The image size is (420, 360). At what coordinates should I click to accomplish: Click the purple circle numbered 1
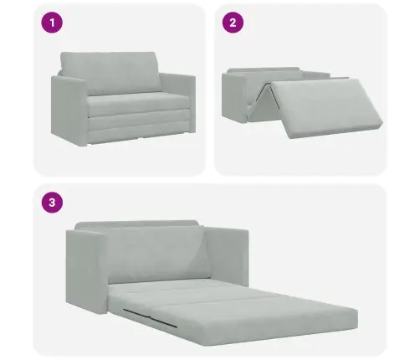[52, 23]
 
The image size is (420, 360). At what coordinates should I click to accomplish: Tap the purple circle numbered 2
[233, 23]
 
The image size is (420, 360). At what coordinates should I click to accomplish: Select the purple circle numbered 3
[52, 202]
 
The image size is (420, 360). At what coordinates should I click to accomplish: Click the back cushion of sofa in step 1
[110, 72]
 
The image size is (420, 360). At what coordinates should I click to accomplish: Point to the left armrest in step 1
[69, 111]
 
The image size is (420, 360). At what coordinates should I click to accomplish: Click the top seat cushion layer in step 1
[138, 103]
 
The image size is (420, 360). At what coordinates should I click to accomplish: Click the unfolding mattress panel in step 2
[326, 107]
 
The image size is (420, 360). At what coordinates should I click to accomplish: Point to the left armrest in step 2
[233, 98]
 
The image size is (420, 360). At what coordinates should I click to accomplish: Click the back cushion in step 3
[157, 254]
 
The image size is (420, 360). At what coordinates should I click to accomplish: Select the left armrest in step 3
[86, 272]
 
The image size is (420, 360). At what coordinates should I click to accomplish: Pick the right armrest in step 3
[228, 255]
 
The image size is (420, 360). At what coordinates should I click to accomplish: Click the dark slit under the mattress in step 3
[150, 317]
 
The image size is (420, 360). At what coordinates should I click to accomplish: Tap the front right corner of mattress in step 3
[357, 327]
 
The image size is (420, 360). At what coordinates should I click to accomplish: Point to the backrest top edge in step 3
[136, 224]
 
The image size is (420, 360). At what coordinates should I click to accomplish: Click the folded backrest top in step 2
[264, 69]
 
